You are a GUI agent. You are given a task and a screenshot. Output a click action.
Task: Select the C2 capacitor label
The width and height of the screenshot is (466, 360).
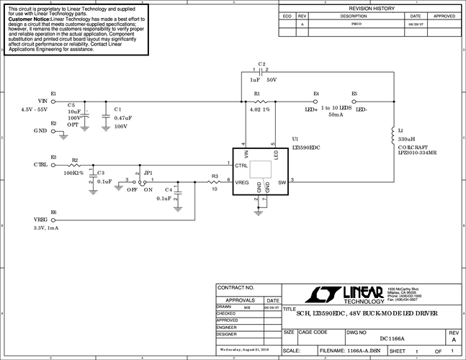pyautogui.click(x=262, y=64)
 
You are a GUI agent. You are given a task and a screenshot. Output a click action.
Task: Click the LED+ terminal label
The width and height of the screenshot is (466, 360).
pyautogui.click(x=311, y=109)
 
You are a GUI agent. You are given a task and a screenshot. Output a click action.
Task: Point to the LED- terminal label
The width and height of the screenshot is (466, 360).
pyautogui.click(x=362, y=109)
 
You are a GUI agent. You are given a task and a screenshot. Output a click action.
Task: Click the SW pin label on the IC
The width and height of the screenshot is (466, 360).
pyautogui.click(x=282, y=182)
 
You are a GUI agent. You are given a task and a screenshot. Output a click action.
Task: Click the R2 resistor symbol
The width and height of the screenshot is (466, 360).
pyautogui.click(x=74, y=165)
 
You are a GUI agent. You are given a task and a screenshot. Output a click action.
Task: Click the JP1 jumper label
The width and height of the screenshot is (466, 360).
pyautogui.click(x=148, y=173)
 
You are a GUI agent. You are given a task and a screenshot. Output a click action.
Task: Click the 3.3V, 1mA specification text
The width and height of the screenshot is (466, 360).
pyautogui.click(x=47, y=228)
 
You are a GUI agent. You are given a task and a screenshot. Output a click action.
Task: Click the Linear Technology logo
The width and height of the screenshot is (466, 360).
pyautogui.click(x=346, y=294)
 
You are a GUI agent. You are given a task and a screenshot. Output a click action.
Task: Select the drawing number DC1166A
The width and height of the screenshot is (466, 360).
pyautogui.click(x=392, y=338)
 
